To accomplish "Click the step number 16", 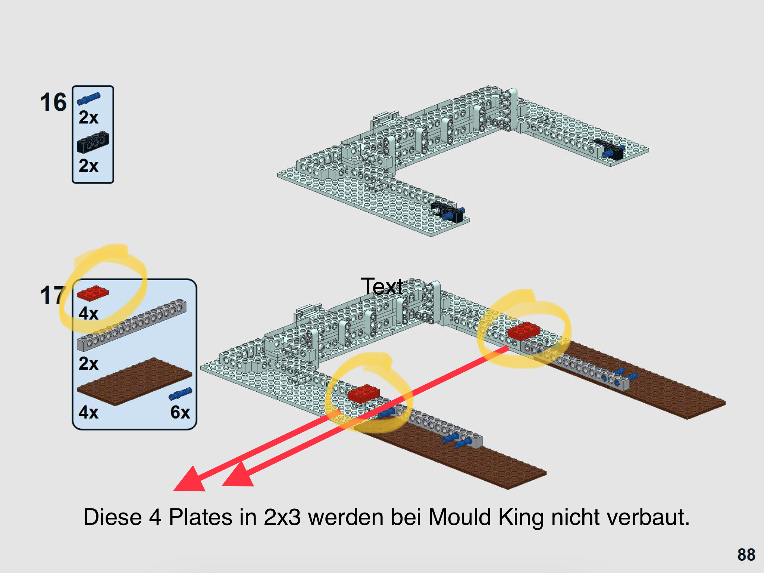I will click(53, 102).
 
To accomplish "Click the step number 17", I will click(52, 295).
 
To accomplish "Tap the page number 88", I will click(746, 555).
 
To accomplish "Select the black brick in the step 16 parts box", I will click(93, 142).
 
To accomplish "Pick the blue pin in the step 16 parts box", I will click(89, 99).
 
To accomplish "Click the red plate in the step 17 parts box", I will click(93, 293).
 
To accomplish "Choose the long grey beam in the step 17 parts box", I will click(131, 325).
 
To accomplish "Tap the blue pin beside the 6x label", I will click(181, 394).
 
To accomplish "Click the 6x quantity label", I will click(180, 412).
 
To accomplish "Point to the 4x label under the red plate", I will click(88, 313).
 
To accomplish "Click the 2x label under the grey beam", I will click(88, 363).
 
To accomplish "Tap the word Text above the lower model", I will click(382, 286).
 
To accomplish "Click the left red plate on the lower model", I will click(364, 394).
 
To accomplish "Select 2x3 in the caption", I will click(282, 517).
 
